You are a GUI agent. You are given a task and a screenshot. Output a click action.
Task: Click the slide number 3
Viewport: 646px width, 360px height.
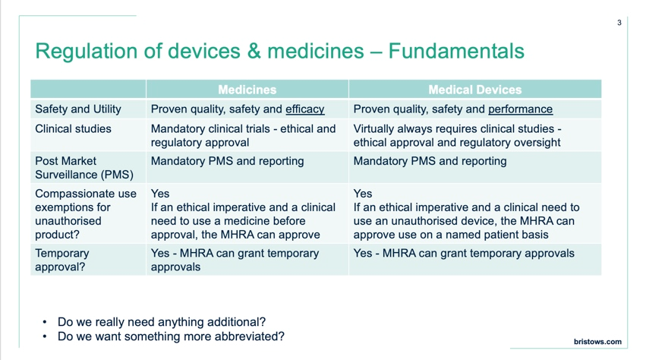(x=619, y=23)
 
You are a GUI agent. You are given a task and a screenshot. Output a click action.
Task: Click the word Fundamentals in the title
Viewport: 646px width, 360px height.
(x=456, y=52)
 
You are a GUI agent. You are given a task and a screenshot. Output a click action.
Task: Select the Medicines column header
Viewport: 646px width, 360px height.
(x=247, y=90)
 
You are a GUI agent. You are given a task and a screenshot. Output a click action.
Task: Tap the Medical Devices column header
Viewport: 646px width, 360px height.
(x=475, y=90)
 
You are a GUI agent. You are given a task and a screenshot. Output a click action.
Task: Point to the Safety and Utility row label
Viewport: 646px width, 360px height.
(x=78, y=109)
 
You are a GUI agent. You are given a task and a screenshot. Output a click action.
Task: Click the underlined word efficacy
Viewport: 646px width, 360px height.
(x=304, y=109)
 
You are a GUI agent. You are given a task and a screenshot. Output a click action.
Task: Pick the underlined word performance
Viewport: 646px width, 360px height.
(x=520, y=109)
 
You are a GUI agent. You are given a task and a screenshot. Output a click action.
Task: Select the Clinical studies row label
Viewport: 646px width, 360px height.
(x=73, y=129)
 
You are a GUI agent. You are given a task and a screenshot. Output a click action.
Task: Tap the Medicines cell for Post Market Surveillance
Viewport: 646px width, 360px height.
(x=228, y=161)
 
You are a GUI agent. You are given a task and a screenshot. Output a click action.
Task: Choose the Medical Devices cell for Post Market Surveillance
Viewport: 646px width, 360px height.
(x=430, y=161)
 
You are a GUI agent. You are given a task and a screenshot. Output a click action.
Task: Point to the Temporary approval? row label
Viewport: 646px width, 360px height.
(x=62, y=260)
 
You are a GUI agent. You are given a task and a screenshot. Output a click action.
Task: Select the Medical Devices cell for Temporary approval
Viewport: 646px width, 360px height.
(x=464, y=254)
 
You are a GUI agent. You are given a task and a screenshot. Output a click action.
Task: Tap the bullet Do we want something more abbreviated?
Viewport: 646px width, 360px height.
(x=171, y=336)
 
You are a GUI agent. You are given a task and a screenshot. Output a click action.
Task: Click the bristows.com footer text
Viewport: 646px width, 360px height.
(x=597, y=342)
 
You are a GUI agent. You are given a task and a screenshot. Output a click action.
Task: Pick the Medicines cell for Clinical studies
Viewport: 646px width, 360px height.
(x=243, y=136)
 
